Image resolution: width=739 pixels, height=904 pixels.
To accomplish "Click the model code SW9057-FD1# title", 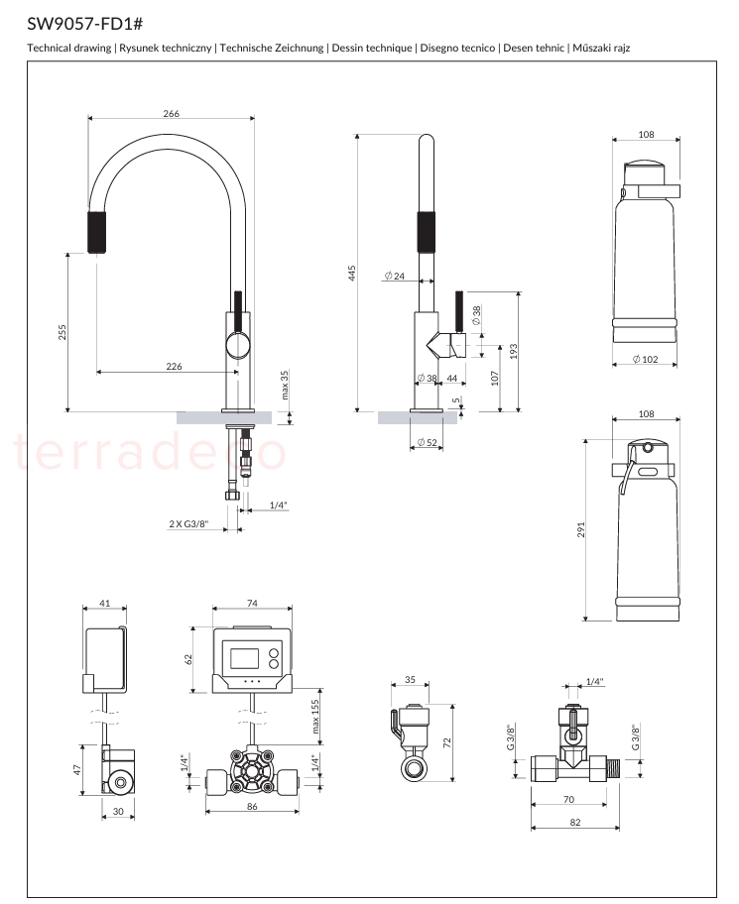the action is point(84,24).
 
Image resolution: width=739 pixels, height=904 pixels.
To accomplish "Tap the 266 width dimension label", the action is point(172,114).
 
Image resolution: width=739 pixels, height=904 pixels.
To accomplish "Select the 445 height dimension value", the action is point(351,274).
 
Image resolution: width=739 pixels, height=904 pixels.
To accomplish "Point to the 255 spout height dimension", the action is point(62,332).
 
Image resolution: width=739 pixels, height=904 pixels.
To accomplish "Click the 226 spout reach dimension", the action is point(174,366).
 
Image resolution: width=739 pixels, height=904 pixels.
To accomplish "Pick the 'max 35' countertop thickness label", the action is point(285,386).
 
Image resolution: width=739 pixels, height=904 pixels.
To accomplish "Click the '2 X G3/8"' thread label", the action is point(188,523).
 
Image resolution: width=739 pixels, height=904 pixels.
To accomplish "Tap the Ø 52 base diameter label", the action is point(427,443).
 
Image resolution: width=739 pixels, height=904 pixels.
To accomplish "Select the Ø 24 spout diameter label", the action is point(395,276).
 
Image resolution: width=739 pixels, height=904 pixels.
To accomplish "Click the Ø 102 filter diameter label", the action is point(645,359).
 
